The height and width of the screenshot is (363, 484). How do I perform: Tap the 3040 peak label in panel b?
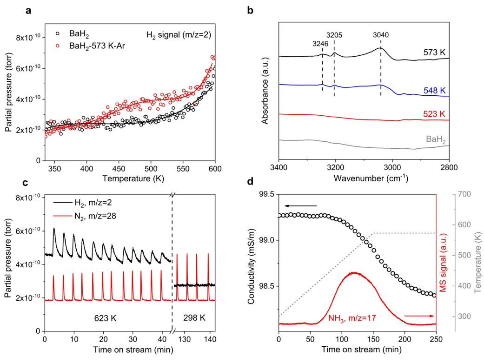pos(381,34)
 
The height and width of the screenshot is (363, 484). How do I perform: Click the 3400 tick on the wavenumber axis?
pos(278,166)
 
